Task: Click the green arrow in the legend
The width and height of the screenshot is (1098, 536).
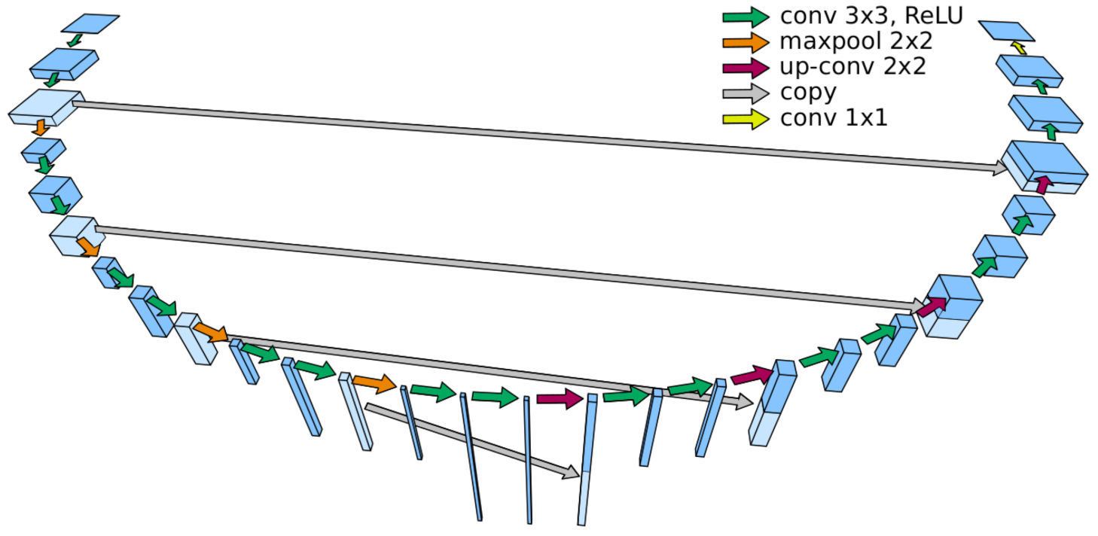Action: click(746, 17)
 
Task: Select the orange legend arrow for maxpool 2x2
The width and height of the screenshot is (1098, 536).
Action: click(746, 41)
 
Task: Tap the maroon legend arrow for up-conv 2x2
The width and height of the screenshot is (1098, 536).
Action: click(746, 68)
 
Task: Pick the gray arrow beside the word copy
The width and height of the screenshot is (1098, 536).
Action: click(746, 93)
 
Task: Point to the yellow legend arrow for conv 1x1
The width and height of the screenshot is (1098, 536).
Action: click(746, 119)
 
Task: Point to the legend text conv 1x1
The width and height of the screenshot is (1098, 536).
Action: click(834, 118)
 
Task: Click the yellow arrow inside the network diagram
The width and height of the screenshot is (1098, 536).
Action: click(1018, 48)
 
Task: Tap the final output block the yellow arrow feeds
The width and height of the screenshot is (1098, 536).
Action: click(1008, 30)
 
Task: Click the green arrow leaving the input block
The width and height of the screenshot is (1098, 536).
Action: click(74, 40)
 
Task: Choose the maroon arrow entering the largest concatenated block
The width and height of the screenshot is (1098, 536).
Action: click(1043, 184)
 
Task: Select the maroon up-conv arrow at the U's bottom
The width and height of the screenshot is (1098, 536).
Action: click(560, 398)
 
